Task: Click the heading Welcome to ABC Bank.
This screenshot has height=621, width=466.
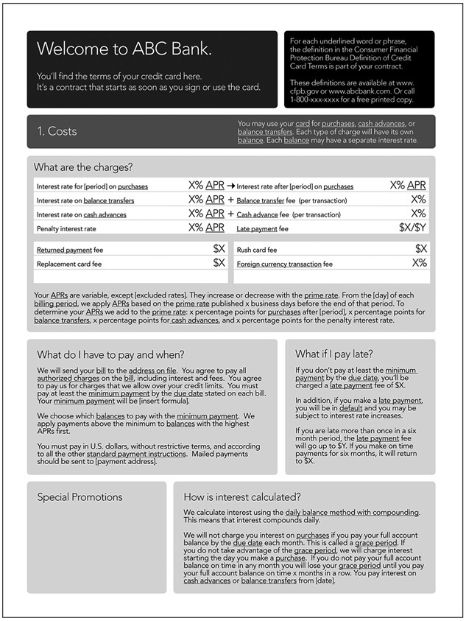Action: click(124, 49)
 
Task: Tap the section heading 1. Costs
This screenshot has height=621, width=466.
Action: click(57, 131)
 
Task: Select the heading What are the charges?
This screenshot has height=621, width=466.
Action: click(82, 167)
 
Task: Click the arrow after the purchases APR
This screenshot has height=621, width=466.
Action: click(230, 186)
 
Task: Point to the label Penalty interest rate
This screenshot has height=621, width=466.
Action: click(66, 229)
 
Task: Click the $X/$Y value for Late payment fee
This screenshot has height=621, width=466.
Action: click(412, 228)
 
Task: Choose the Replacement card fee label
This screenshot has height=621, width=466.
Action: click(69, 264)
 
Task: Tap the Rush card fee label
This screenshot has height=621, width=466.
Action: click(257, 250)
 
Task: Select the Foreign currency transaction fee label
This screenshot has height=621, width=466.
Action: click(284, 264)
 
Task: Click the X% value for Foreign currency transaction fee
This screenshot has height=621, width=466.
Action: click(419, 263)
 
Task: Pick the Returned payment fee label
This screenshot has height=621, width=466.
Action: click(70, 250)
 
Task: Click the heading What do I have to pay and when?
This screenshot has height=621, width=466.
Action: click(110, 354)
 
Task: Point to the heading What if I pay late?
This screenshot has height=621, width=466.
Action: click(334, 354)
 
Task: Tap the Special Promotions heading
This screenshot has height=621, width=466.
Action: click(80, 497)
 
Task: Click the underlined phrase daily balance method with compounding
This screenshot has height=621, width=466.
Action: click(352, 512)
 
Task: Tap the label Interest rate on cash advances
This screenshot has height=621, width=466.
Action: click(81, 214)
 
